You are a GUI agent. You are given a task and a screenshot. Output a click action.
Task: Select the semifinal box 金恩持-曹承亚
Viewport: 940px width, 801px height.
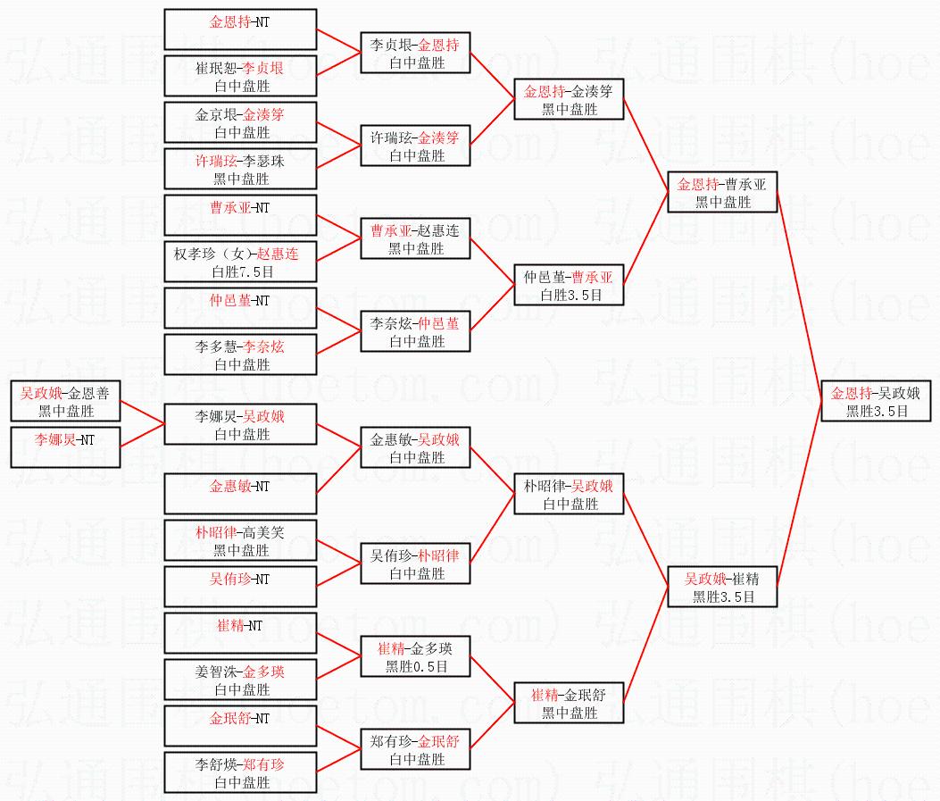pos(722,193)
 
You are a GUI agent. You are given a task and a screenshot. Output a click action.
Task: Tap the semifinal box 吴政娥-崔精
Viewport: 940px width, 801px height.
pos(722,588)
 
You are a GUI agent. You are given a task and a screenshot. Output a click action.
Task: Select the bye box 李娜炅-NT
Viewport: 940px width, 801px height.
pos(65,447)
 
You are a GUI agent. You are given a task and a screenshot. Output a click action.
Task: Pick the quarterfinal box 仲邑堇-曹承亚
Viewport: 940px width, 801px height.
pos(569,286)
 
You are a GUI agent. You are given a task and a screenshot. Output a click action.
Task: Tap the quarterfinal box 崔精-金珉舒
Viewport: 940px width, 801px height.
pos(569,704)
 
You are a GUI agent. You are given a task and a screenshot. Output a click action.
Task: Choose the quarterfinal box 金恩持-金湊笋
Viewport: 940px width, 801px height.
pos(569,100)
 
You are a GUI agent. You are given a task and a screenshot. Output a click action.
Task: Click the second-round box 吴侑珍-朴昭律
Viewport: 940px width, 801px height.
pos(415,563)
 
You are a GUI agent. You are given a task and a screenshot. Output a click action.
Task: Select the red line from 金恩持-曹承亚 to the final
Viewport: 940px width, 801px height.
pos(801,295)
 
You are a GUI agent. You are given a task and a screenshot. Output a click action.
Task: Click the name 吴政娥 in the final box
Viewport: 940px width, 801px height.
pos(899,393)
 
